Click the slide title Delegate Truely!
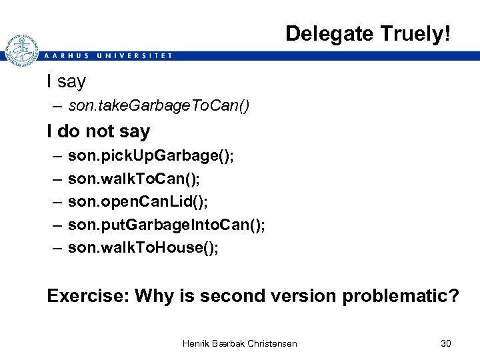pos(368,33)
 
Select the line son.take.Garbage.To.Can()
pos(159,106)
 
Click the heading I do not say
pos(98,131)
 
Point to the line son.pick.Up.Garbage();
pos(151,155)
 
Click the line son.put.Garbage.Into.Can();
pos(167,225)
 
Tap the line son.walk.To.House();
pos(143,247)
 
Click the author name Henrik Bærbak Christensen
pos(240,343)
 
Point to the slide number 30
pos(446,343)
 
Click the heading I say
pos(66,82)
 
